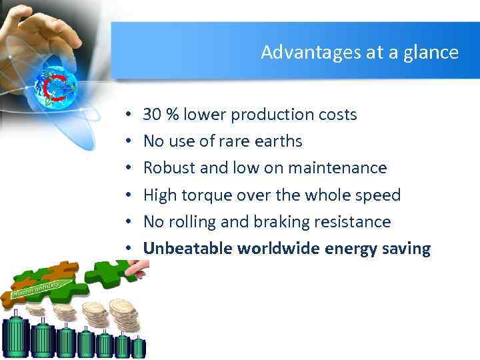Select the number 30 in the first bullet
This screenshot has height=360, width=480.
tap(152, 115)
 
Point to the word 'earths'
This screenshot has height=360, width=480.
tap(279, 141)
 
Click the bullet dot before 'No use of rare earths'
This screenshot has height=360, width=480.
tap(127, 142)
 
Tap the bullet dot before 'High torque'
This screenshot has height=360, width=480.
tap(127, 196)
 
